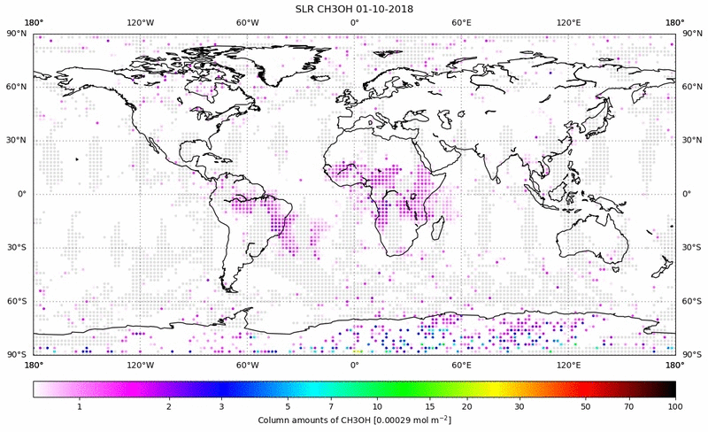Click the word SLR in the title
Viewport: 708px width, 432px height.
(x=306, y=9)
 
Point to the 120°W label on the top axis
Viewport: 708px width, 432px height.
(x=140, y=21)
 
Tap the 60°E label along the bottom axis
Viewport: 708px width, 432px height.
(x=460, y=365)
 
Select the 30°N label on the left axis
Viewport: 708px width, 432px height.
(x=17, y=140)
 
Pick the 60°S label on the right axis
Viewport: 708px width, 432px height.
(x=690, y=301)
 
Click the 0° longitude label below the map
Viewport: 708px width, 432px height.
(x=354, y=365)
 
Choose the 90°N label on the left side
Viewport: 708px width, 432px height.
(x=17, y=34)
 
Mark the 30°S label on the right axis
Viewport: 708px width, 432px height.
(x=690, y=247)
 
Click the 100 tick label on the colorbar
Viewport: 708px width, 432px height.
(x=675, y=406)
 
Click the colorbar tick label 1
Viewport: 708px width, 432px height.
(x=80, y=406)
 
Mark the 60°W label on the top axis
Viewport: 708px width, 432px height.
(x=247, y=21)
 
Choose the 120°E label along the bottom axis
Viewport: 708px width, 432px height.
(x=567, y=365)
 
